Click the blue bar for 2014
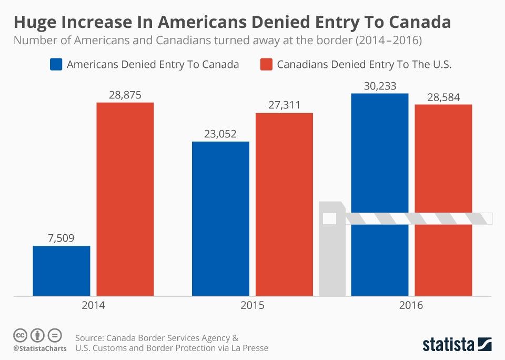pos(62,271)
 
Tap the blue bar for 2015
pos(220,218)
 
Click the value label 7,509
pos(62,238)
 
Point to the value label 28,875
pos(125,95)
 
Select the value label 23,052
pos(220,134)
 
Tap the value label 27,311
pos(284,105)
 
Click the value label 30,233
pos(379,86)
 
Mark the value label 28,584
pos(443,97)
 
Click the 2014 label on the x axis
pos(93,305)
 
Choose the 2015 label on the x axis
pos(252,305)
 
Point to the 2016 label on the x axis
pos(411,305)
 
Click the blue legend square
pos(56,64)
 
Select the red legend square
pos(266,64)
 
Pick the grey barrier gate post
pos(332,253)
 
